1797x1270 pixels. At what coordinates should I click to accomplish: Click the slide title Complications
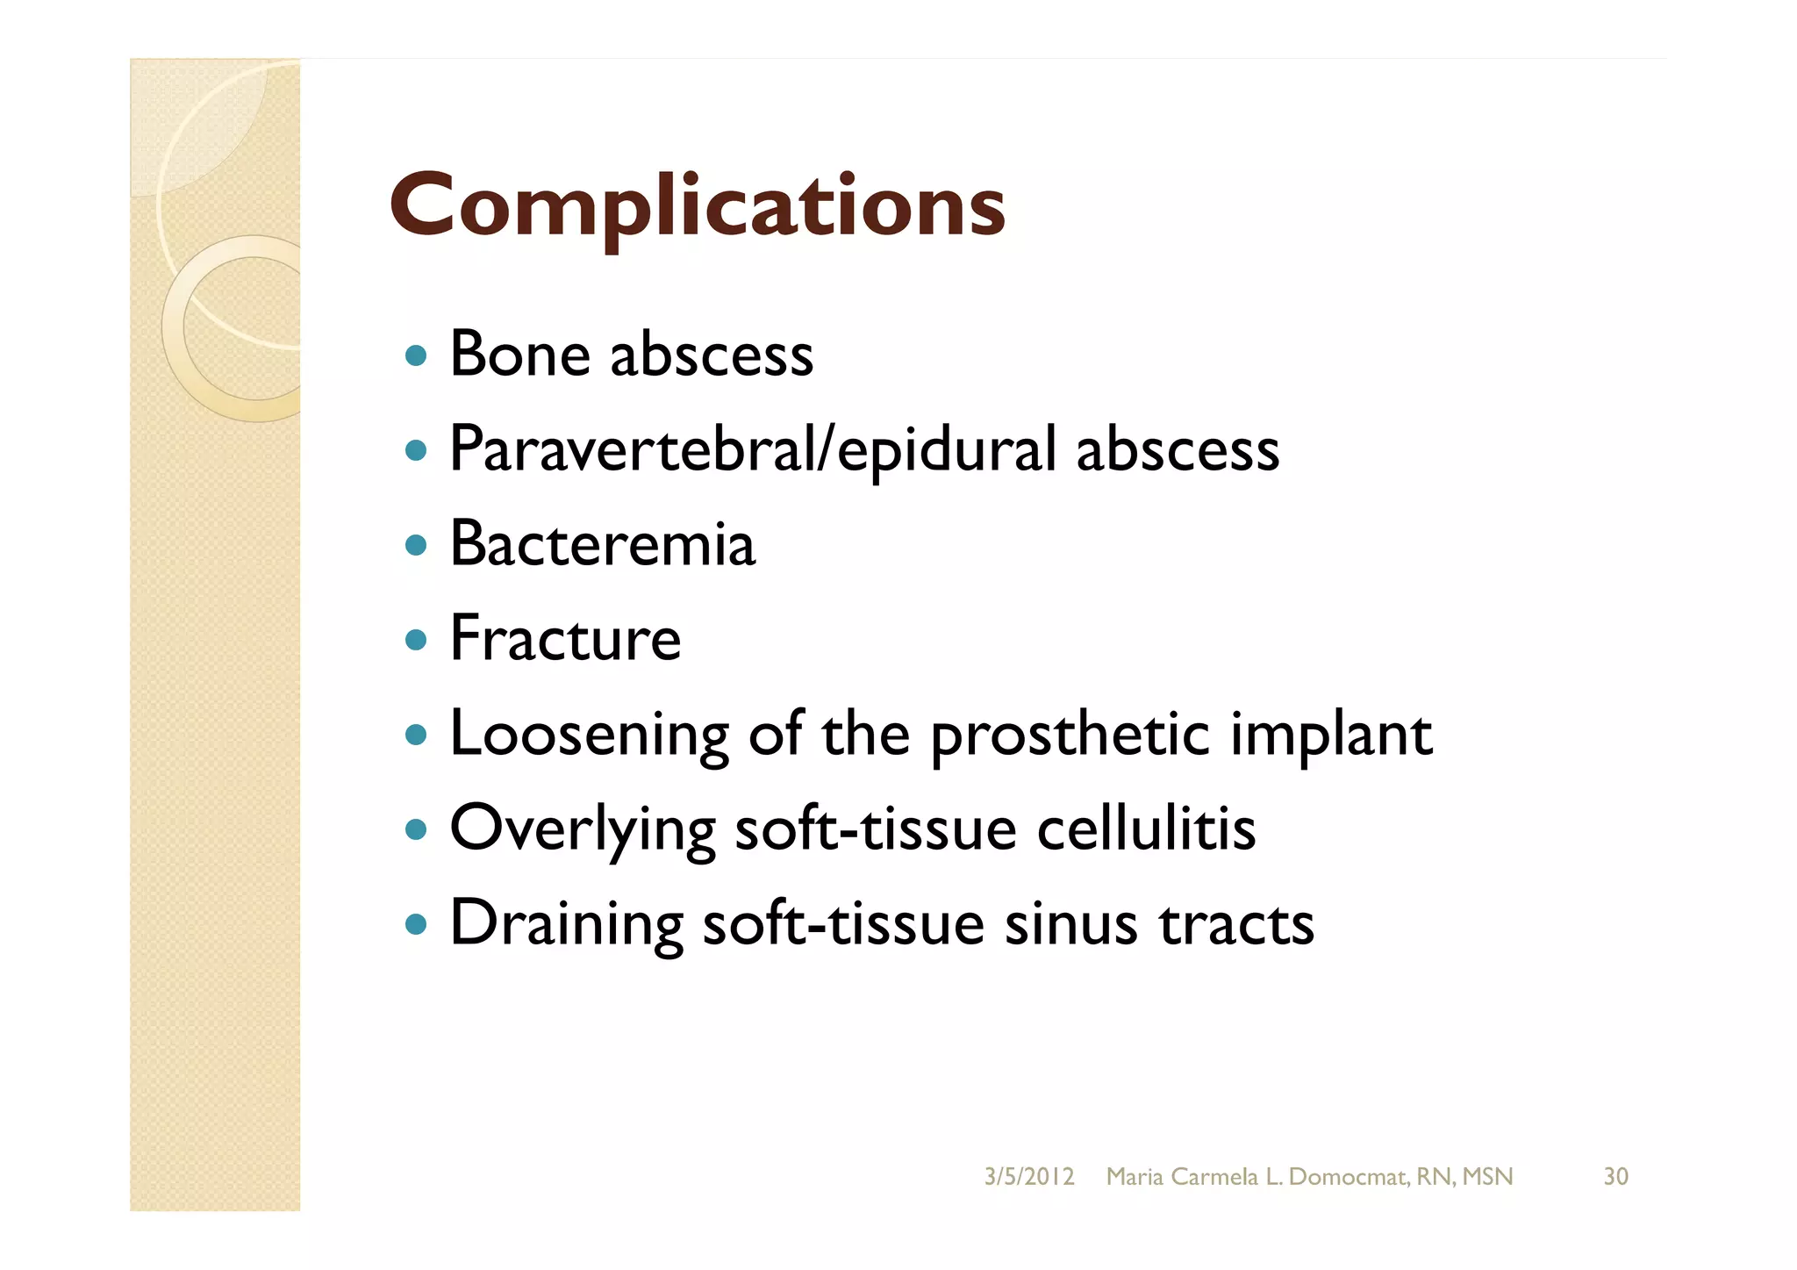tap(697, 205)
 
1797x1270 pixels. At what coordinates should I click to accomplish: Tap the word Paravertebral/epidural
tap(752, 450)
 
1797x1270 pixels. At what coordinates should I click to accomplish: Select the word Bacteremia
tap(602, 544)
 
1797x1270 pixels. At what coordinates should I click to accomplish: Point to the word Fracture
tap(565, 639)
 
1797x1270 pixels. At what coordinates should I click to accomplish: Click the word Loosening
tap(589, 735)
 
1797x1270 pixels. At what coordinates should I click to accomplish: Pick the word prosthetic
tap(1070, 735)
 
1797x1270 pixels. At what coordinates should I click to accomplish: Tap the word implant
tap(1331, 735)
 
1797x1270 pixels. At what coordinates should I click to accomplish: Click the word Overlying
tap(583, 829)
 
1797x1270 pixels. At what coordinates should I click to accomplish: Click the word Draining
tap(566, 924)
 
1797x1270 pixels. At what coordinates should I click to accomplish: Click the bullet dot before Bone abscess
tap(417, 356)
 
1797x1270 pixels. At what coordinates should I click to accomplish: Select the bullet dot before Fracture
tap(417, 640)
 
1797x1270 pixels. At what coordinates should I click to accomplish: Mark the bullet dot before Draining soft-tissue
tap(417, 924)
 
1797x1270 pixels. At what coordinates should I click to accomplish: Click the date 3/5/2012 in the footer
tap(1028, 1177)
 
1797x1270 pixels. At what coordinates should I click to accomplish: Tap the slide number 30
tap(1615, 1177)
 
